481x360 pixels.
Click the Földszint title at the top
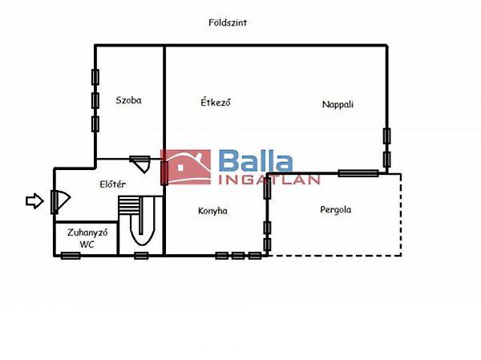pyautogui.click(x=228, y=22)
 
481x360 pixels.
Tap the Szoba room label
pyautogui.click(x=128, y=100)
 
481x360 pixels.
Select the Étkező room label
pyautogui.click(x=216, y=101)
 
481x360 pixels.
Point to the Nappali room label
pyautogui.click(x=338, y=104)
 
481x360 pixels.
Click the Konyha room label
pyautogui.click(x=212, y=211)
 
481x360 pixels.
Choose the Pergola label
pyautogui.click(x=336, y=210)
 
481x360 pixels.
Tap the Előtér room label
pyautogui.click(x=112, y=184)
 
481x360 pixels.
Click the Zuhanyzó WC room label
pyautogui.click(x=87, y=238)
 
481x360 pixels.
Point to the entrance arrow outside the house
pyautogui.click(x=34, y=201)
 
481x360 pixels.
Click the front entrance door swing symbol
pyautogui.click(x=61, y=201)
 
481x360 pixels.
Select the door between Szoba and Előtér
pyautogui.click(x=139, y=164)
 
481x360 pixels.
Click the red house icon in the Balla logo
pyautogui.click(x=186, y=167)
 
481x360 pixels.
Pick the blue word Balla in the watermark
pyautogui.click(x=256, y=161)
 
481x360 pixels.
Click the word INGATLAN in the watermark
pyautogui.click(x=269, y=180)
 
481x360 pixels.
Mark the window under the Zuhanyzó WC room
pyautogui.click(x=71, y=255)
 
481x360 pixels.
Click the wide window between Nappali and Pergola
pyautogui.click(x=358, y=173)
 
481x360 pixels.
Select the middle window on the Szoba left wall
pyautogui.click(x=95, y=100)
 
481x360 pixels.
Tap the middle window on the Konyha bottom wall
pyautogui.click(x=238, y=255)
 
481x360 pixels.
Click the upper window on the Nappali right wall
pyautogui.click(x=387, y=136)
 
